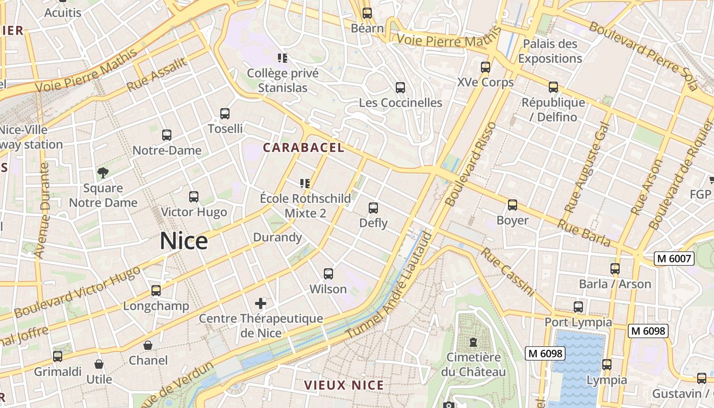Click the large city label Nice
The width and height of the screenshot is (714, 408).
[184, 241]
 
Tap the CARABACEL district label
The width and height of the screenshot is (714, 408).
[303, 148]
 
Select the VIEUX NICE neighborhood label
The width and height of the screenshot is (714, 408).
[344, 385]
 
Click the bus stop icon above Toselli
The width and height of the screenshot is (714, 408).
[225, 114]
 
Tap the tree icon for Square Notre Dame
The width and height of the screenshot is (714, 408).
[103, 173]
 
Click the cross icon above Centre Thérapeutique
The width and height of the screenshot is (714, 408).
[261, 304]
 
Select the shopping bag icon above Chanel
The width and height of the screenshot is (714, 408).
[148, 346]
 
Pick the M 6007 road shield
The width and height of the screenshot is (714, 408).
[674, 259]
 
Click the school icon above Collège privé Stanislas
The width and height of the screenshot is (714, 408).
[283, 58]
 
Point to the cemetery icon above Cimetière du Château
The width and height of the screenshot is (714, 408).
[473, 342]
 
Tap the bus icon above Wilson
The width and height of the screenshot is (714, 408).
[328, 274]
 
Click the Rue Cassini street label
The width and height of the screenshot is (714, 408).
[507, 272]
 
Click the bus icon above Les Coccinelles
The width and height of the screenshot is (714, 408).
[400, 88]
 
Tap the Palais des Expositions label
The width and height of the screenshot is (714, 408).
[550, 51]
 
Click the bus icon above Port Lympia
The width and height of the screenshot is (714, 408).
[578, 307]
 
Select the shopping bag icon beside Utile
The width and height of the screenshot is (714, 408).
[99, 365]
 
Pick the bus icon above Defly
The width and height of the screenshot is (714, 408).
[373, 208]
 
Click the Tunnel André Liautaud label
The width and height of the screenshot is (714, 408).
[389, 286]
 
